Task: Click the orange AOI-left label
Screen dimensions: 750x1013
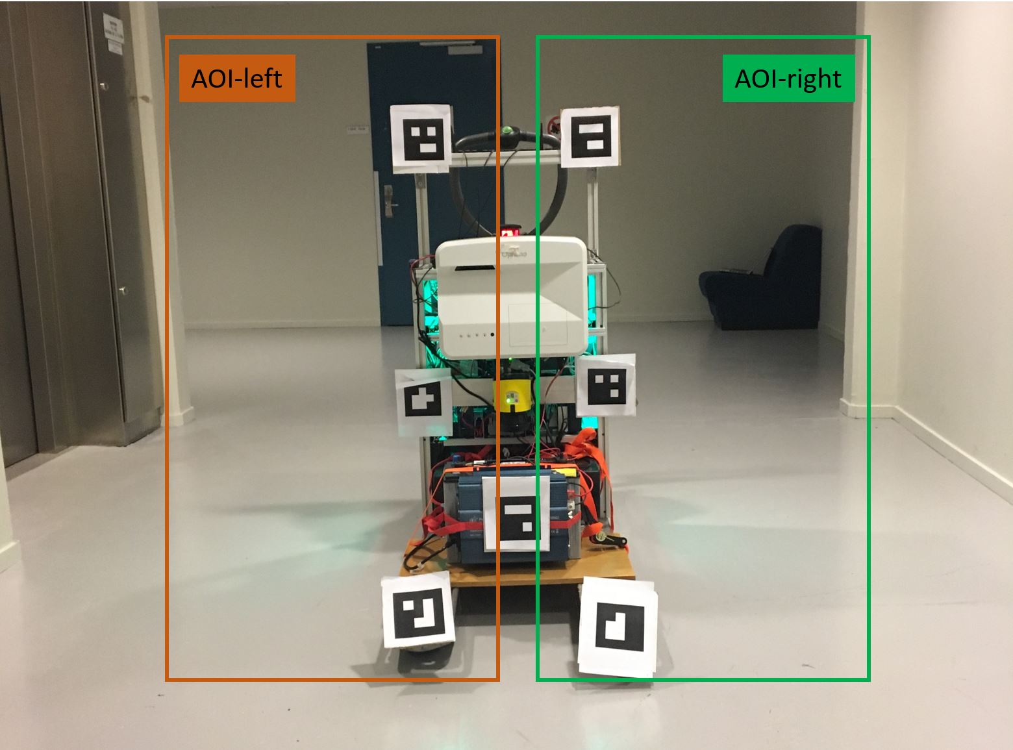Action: point(237,79)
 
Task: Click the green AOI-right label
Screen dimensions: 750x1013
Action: point(788,79)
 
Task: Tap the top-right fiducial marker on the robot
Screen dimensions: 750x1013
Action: point(590,136)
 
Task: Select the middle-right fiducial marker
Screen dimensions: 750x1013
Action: point(606,386)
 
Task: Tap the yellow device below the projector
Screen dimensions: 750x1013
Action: point(514,395)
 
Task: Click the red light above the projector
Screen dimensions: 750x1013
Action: point(510,231)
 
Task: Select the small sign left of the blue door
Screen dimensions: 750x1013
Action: point(357,129)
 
